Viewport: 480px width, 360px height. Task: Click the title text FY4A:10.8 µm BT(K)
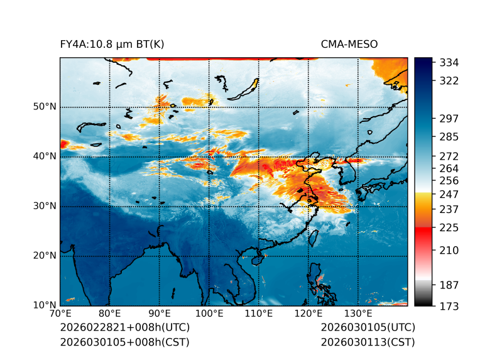[x=112, y=44]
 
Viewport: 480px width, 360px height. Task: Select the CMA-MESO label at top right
[x=349, y=44]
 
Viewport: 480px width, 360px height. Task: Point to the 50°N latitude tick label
[x=45, y=107]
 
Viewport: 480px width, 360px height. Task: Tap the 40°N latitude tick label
[x=45, y=156]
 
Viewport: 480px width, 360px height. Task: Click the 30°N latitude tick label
[x=45, y=206]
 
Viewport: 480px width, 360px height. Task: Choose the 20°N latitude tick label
[x=45, y=256]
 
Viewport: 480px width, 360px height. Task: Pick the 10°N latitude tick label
[x=45, y=305]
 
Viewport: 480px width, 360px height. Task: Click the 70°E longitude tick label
[x=60, y=314]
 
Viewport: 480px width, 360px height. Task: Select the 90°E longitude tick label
[x=160, y=314]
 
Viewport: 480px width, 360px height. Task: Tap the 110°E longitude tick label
[x=259, y=314]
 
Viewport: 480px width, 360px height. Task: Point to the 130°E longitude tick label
[x=358, y=314]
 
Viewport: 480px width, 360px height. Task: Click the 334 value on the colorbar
[x=449, y=62]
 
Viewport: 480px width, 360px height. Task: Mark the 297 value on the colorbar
[x=449, y=118]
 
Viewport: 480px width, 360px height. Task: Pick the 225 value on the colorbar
[x=449, y=227]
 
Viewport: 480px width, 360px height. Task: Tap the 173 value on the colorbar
[x=449, y=306]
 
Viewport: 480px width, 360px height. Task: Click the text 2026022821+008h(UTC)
[x=124, y=328]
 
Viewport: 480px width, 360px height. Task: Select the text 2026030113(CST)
[x=368, y=342]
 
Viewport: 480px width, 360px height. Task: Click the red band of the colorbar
[x=423, y=233]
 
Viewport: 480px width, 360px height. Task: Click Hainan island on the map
[x=257, y=259]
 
